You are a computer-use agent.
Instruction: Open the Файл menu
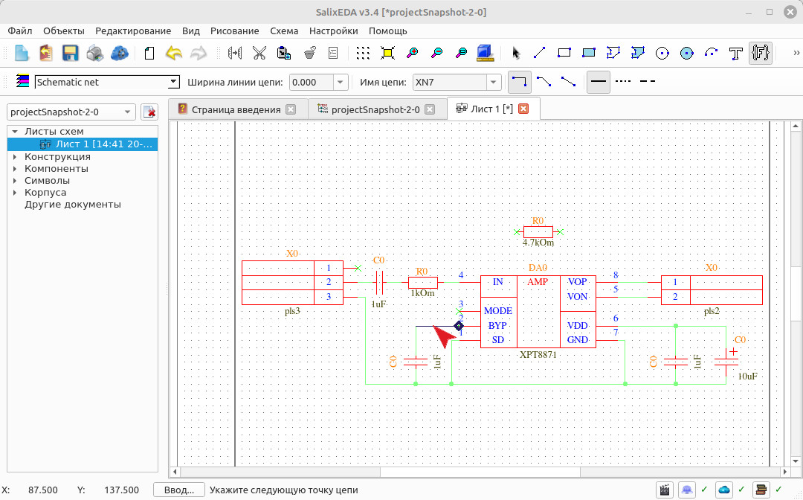coord(20,31)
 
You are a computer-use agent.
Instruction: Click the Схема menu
coord(284,31)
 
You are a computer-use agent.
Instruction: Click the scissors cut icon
coord(259,53)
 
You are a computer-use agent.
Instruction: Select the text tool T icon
coord(736,53)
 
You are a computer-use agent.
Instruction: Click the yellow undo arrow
coord(174,53)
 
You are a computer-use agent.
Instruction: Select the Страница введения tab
coord(236,109)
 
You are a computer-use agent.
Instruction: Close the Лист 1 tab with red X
coord(523,109)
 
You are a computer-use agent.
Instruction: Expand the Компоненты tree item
coord(15,169)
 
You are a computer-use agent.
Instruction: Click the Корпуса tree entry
coord(45,193)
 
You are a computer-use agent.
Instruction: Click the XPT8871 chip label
coord(538,354)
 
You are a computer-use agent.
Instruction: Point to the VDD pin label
coord(577,326)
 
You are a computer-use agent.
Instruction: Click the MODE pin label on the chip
coord(497,311)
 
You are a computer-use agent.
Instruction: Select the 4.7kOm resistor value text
coord(538,243)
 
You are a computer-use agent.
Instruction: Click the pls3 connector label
coord(292,311)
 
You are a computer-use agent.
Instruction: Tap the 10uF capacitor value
coord(747,376)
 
